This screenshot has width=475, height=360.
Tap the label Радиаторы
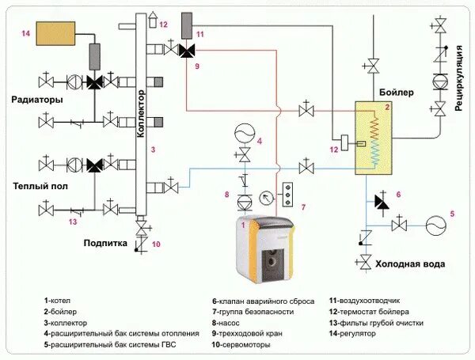click(37, 100)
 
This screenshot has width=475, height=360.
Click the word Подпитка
click(105, 244)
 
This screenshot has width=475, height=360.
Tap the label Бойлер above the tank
click(397, 93)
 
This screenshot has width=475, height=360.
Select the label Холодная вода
click(410, 264)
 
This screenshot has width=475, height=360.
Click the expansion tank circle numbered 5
click(434, 225)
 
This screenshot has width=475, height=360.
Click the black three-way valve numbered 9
click(188, 51)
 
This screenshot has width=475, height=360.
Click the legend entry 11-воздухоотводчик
click(366, 301)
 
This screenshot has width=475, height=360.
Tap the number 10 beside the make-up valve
click(156, 244)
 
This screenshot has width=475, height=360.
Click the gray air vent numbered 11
click(188, 25)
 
